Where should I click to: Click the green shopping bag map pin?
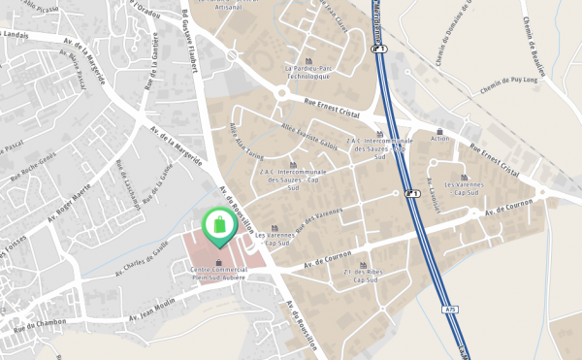coord(219,225)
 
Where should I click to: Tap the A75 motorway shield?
coord(450,309)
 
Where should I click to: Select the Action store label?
coord(440,139)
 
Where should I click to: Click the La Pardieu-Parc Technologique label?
coord(308,73)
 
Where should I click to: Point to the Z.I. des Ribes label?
coord(364,277)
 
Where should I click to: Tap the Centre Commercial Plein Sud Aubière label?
coord(218,273)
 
